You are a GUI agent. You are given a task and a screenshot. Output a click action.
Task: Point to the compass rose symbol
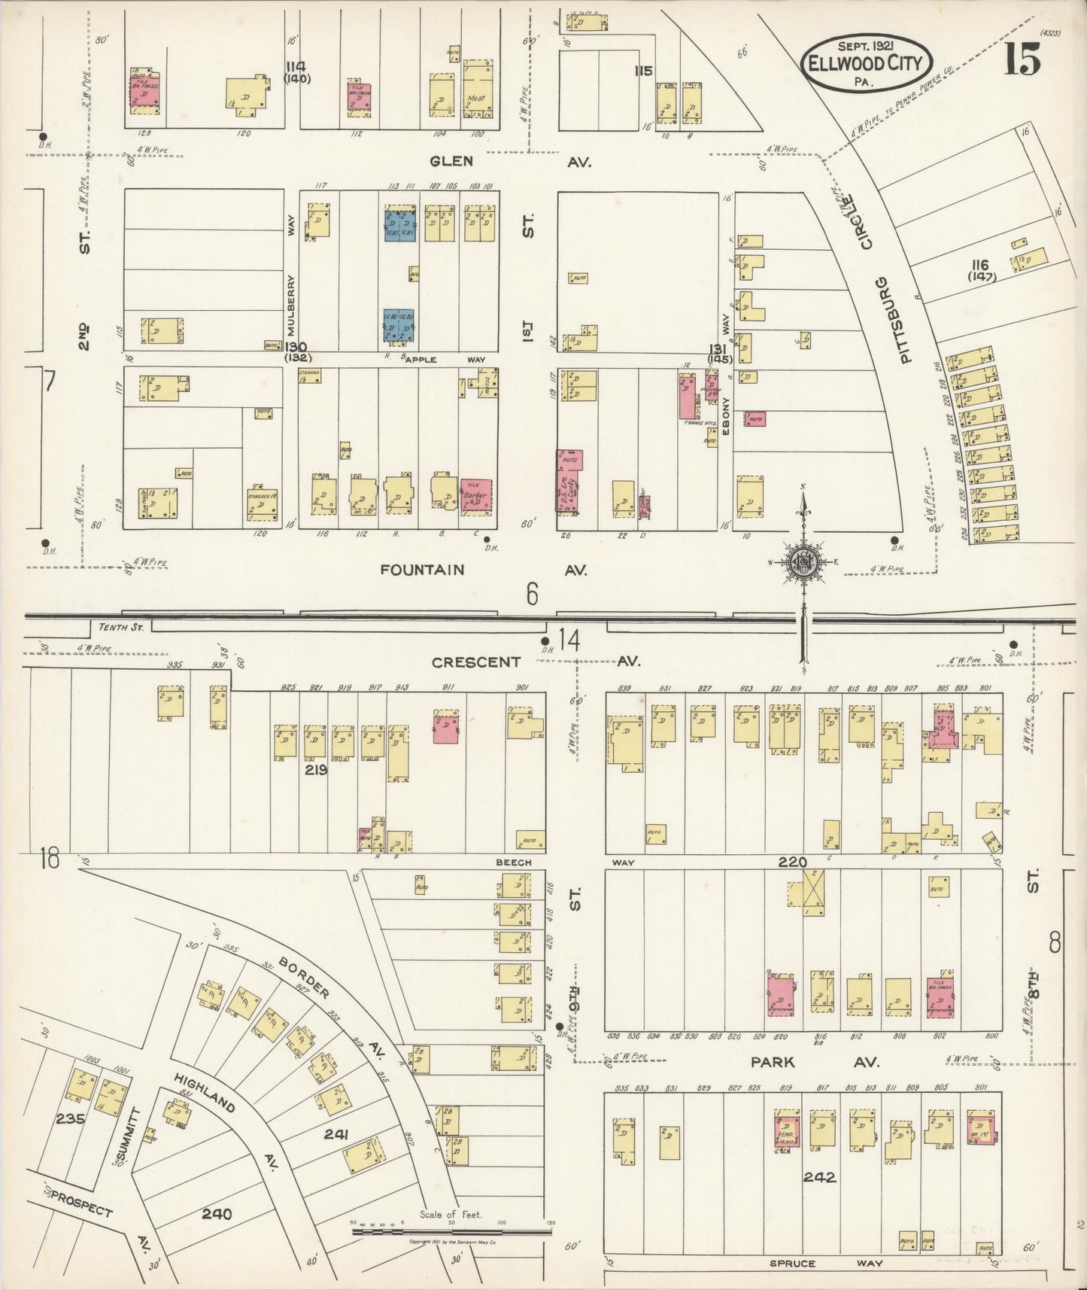tap(803, 561)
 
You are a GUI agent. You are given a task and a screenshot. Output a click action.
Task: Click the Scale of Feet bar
tap(452, 1233)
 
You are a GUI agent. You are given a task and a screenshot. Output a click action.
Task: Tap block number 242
tap(819, 1176)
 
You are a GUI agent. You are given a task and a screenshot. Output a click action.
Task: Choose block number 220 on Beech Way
tap(793, 862)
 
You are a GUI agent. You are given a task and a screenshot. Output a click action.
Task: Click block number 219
tap(315, 770)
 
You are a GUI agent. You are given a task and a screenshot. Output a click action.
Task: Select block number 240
tap(217, 1214)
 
